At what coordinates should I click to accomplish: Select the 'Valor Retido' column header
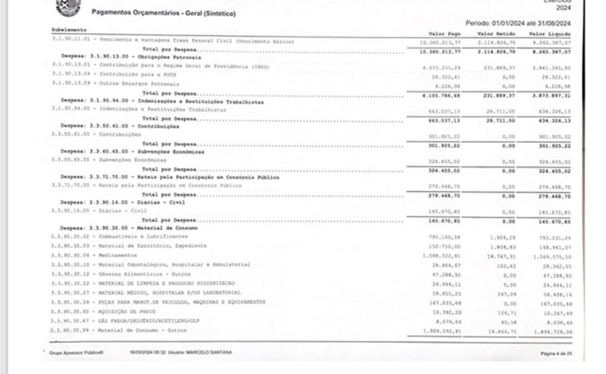coord(496,34)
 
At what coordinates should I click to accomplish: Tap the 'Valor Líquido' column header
coord(549,34)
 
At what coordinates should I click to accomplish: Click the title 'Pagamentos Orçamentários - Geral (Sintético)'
coord(164,13)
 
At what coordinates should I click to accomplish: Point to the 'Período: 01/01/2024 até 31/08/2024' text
coord(518,23)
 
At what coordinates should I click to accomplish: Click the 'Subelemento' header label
coord(69,30)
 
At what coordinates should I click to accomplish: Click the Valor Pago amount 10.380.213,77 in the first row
coord(444,42)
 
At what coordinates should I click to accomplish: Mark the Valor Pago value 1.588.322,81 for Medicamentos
coord(444,256)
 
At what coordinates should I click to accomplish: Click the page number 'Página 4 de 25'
coord(556,352)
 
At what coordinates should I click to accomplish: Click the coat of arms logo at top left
coord(68,7)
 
